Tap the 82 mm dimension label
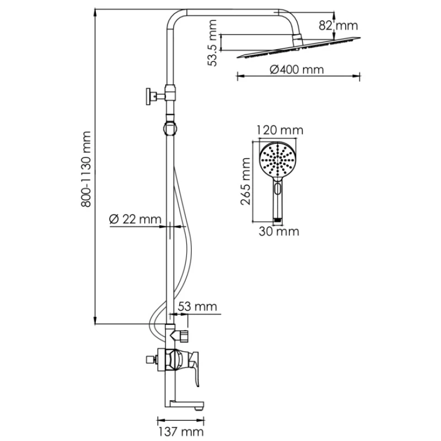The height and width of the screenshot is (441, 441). [345, 25]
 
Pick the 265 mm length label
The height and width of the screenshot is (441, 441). [246, 180]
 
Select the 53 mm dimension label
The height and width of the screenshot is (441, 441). [197, 306]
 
